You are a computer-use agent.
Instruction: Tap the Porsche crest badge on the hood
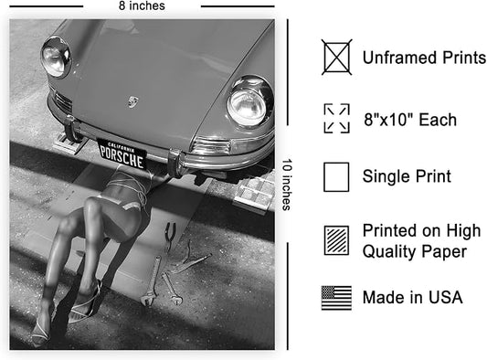click(133, 101)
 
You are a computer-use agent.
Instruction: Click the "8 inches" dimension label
click(142, 5)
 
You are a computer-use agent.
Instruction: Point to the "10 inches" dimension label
click(287, 185)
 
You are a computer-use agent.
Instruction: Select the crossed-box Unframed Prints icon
click(336, 58)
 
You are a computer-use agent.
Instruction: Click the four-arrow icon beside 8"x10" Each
click(336, 119)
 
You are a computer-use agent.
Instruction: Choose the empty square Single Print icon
click(336, 176)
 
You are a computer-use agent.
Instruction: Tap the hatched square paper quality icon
click(336, 240)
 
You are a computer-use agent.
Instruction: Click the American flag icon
click(336, 298)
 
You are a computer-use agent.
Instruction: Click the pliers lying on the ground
click(170, 237)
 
